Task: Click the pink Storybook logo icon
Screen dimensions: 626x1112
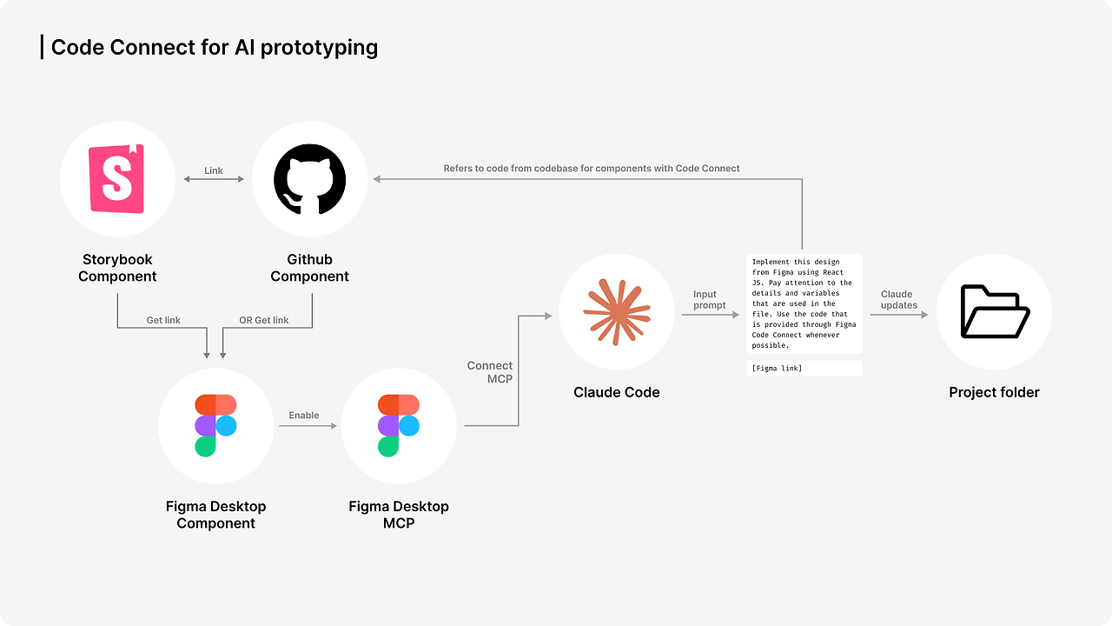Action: click(117, 179)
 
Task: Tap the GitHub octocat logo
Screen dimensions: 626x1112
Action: click(309, 179)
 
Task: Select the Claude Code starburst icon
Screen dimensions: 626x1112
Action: click(616, 311)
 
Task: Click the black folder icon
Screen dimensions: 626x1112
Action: click(994, 311)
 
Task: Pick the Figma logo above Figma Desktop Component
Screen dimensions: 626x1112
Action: click(215, 425)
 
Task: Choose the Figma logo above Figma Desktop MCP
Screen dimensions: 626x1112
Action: click(399, 425)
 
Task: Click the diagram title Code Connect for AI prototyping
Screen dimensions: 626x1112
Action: click(214, 47)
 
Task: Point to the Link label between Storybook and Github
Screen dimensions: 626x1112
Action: click(214, 170)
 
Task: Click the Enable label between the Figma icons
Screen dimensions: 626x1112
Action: click(304, 416)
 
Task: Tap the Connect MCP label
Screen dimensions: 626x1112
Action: click(490, 372)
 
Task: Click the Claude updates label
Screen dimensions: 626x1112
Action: click(898, 300)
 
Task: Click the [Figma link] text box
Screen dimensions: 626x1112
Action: click(804, 369)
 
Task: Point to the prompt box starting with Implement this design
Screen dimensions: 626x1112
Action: click(804, 303)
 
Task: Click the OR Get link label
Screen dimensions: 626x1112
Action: click(264, 321)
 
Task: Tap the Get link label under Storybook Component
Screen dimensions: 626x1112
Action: click(163, 321)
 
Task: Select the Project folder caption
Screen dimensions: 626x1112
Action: click(994, 393)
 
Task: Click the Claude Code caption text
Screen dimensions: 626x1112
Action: click(616, 393)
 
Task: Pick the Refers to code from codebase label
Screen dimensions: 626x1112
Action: click(592, 168)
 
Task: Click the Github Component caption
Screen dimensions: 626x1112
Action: click(309, 268)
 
